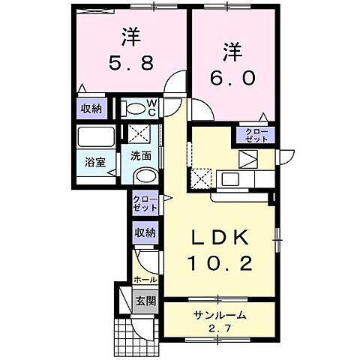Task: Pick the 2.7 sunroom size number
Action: coord(219,327)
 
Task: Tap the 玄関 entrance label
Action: coord(145,301)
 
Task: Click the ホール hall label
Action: coord(146,279)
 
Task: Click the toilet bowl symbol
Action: coord(136,109)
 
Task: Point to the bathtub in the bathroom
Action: coord(94,137)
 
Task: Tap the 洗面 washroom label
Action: coord(142,156)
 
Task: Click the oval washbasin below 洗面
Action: coord(145,175)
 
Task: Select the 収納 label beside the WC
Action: coord(91,109)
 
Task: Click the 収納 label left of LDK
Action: coord(145,233)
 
